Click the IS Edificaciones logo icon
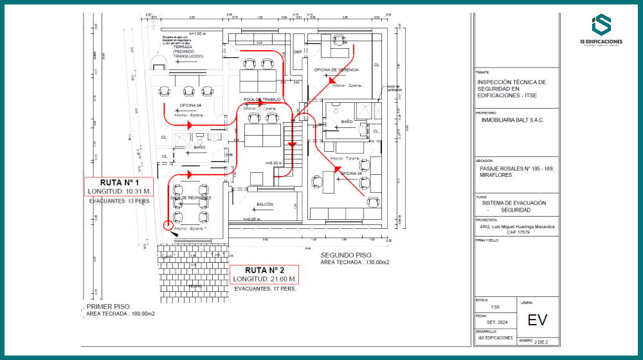(602, 25)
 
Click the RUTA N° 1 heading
(119, 183)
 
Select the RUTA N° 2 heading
(264, 270)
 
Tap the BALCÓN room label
(265, 204)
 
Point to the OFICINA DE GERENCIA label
(336, 69)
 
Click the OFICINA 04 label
(190, 105)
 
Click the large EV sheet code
(538, 320)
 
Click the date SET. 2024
(487, 323)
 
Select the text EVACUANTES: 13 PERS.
(120, 201)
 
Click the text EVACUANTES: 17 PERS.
(265, 289)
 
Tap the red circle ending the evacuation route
(168, 225)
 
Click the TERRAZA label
(184, 47)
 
